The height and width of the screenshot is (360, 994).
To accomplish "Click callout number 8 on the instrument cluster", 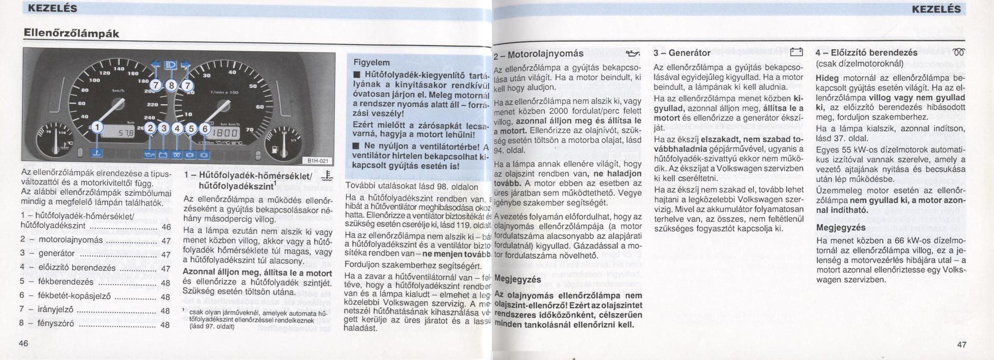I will coord(171,86).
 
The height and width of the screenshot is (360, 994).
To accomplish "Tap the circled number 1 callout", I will coord(97,127).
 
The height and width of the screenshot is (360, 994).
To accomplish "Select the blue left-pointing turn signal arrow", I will coord(156,65).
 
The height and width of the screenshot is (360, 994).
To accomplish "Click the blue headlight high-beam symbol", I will coord(171,65).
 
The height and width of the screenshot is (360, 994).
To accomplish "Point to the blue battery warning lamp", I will coord(164,155).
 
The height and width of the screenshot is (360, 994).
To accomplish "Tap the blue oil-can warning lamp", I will coord(150,155).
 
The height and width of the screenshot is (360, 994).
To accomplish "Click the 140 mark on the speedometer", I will coord(119,69).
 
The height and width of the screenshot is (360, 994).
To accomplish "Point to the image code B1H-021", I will coord(318,161).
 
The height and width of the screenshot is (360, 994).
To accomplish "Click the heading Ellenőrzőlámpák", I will coord(71,33).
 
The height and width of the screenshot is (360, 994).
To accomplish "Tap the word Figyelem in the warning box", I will coord(371,63).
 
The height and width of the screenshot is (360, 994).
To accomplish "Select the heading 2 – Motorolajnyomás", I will coord(539,54).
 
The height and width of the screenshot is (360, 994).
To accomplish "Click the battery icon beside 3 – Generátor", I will coord(796,53).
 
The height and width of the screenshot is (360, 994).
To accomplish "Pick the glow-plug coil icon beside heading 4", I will coord(958,53).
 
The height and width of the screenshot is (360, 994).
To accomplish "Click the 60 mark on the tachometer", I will coord(260,107).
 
